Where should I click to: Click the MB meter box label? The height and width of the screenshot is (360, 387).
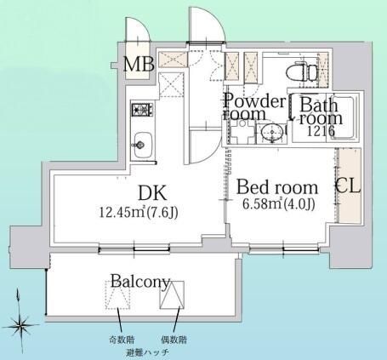pos(139,64)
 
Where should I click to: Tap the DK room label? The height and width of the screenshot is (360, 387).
pos(152,193)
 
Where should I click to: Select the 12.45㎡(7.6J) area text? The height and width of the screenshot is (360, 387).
pos(139,212)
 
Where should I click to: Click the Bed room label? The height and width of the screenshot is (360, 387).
pos(277,187)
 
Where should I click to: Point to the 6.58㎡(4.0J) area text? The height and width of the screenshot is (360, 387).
pos(279,203)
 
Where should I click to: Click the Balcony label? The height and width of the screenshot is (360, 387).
pos(140,282)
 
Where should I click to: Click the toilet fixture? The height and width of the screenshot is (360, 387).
pos(302,72)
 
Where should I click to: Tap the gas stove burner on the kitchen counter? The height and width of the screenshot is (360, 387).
pos(143,110)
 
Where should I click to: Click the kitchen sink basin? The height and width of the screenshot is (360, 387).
pos(143,146)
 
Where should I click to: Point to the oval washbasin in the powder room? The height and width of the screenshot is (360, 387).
pos(272,132)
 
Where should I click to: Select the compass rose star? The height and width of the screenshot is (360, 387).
pos(20,325)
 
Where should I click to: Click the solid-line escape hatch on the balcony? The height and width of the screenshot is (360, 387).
pos(172,295)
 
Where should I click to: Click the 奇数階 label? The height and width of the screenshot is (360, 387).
pos(122,339)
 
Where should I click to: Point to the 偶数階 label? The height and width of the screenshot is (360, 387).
pos(174,340)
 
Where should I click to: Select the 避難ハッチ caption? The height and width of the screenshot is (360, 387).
pos(148,352)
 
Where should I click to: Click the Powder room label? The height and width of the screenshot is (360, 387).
pos(253,107)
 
